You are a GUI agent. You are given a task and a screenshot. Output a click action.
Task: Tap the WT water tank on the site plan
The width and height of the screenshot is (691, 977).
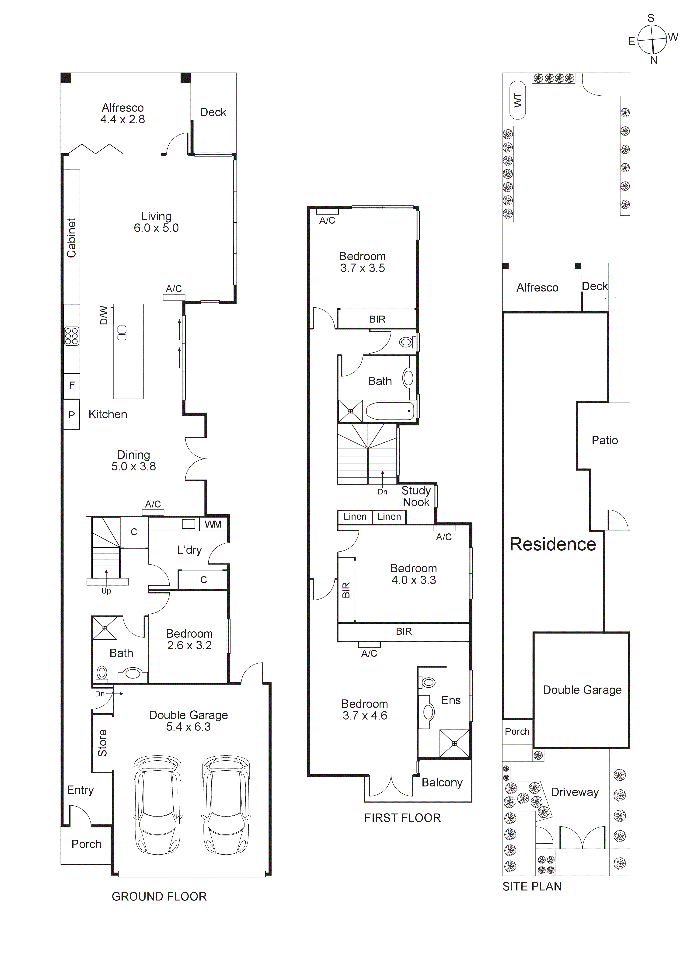tap(518, 101)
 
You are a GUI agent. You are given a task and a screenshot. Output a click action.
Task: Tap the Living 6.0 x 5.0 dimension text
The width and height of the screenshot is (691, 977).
tap(156, 228)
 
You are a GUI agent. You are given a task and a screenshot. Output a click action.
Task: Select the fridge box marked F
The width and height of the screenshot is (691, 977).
tap(72, 385)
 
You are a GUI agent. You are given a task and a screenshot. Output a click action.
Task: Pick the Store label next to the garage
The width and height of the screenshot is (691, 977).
tap(102, 743)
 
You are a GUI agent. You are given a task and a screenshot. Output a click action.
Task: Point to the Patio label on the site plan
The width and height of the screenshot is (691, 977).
tap(605, 440)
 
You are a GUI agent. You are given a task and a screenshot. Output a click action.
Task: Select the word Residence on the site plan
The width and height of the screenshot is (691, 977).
tap(553, 544)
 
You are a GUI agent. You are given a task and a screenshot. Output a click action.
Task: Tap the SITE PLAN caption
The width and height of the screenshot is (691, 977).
tap(532, 886)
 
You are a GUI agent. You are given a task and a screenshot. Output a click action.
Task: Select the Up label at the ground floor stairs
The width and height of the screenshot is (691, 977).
tap(106, 591)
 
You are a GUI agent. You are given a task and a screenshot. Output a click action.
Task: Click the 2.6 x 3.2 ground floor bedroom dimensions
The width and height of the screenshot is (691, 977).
tap(189, 646)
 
